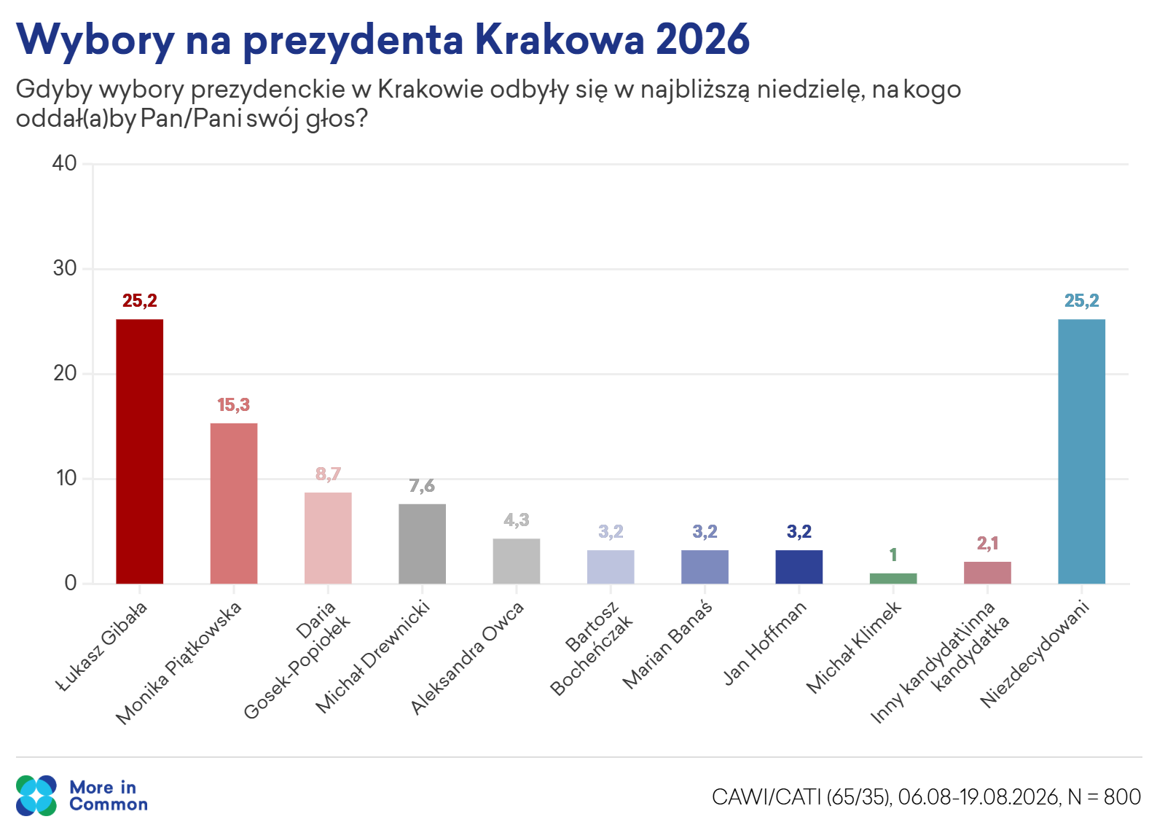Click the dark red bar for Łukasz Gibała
coord(139,452)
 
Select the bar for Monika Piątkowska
coord(233,504)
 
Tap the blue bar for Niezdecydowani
coord(1081,452)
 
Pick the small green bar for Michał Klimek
coord(893,579)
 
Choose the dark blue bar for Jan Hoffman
coord(799,567)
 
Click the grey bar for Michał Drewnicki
coord(422,544)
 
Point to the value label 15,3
coord(233,404)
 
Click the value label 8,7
coord(328,474)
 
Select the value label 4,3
coord(517,520)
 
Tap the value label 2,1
coord(987,543)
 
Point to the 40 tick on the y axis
coord(65,163)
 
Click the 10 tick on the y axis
coord(66,479)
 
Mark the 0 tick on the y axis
coord(71,583)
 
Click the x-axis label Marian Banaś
coord(667,646)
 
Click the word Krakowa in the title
coord(560,39)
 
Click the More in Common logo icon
coord(36,795)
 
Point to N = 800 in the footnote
coord(1105,797)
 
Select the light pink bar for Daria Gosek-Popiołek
coord(328,539)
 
